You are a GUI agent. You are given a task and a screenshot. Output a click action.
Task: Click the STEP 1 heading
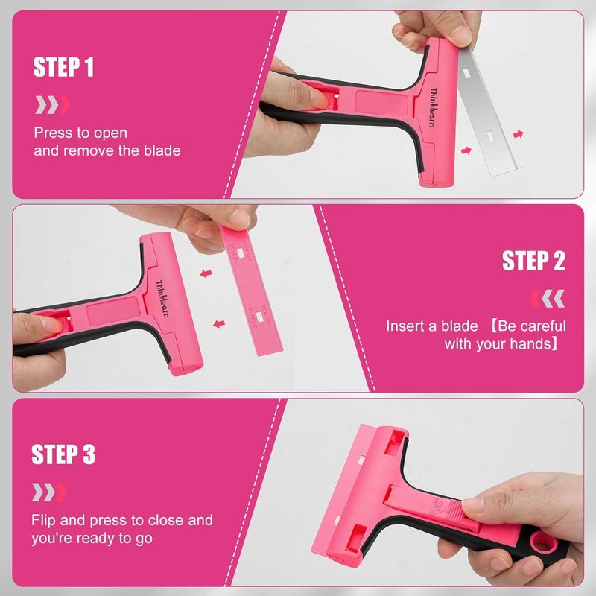[x=63, y=69]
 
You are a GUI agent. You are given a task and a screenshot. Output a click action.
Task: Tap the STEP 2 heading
[x=533, y=261]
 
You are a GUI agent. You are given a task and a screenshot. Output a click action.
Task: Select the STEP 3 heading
[x=63, y=454]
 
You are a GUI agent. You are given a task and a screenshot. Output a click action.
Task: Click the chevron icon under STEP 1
[x=51, y=104]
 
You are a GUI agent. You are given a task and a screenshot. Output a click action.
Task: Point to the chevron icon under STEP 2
[x=547, y=299]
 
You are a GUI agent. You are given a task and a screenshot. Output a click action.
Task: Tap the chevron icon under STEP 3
[x=49, y=492]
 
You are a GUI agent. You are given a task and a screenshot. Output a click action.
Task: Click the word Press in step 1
[x=51, y=133]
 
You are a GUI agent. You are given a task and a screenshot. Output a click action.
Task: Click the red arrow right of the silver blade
[x=519, y=134]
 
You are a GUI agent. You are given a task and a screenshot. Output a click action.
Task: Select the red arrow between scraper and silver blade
[x=466, y=150]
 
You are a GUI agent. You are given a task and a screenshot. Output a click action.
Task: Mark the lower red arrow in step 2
[x=218, y=323]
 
